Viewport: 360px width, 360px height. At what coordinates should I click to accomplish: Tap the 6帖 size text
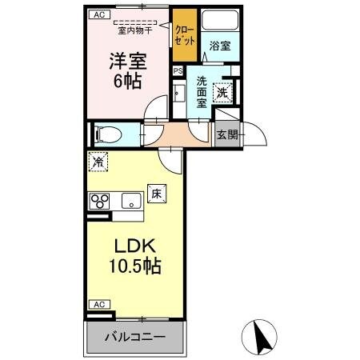pyautogui.click(x=126, y=82)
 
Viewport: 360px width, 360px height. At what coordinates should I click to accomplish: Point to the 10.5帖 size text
pyautogui.click(x=132, y=267)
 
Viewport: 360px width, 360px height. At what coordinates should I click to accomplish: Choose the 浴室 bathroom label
pyautogui.click(x=220, y=46)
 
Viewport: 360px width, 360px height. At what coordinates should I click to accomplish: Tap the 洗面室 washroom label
pyautogui.click(x=202, y=90)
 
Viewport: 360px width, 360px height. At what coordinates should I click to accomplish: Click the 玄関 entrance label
pyautogui.click(x=227, y=134)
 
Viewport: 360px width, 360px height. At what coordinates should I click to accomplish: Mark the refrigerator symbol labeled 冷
pyautogui.click(x=96, y=161)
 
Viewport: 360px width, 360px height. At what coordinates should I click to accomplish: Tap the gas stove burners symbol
pyautogui.click(x=100, y=200)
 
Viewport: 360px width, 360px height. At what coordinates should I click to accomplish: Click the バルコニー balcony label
pyautogui.click(x=135, y=338)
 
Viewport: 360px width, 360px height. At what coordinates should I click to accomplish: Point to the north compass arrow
pyautogui.click(x=260, y=336)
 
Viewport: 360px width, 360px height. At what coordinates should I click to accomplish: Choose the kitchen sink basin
pyautogui.click(x=130, y=199)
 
